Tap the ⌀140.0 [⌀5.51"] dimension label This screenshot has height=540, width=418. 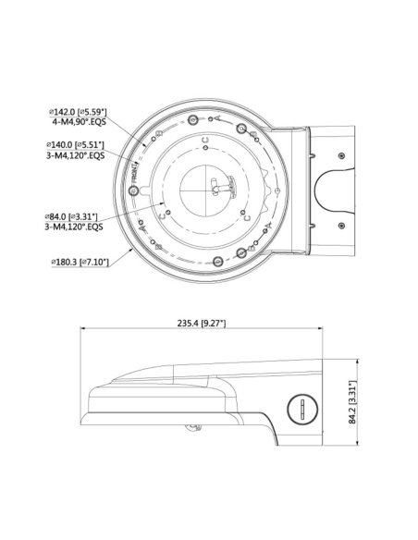click(77, 146)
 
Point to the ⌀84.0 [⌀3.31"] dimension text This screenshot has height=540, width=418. click(77, 215)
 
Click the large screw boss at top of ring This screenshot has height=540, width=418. click(191, 120)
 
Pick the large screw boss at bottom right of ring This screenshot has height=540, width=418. click(242, 252)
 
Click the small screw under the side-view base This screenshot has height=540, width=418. click(191, 427)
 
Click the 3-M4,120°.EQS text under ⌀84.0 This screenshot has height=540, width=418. click(77, 227)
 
